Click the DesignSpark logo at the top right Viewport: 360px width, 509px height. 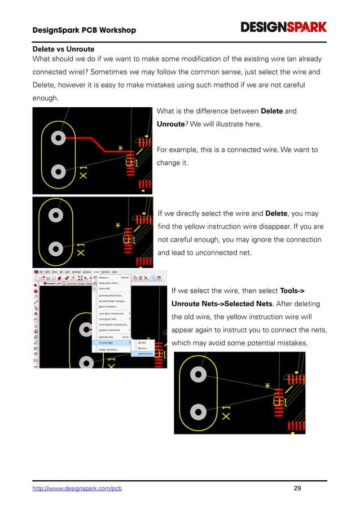point(284,27)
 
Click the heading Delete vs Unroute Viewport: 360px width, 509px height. point(63,50)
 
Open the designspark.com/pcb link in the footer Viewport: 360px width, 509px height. point(77,488)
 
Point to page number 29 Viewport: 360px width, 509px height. point(297,488)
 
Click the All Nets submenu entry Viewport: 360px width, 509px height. point(142,343)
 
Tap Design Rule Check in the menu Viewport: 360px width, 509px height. point(109,283)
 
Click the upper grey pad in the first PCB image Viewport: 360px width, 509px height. point(56,137)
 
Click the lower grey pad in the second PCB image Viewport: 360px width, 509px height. point(55,248)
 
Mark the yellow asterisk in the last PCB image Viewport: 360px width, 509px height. point(267,386)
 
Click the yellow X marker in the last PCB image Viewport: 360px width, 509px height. point(226,416)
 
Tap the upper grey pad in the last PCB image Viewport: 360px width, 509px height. point(198,374)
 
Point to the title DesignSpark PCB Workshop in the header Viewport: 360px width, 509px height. point(84,29)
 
